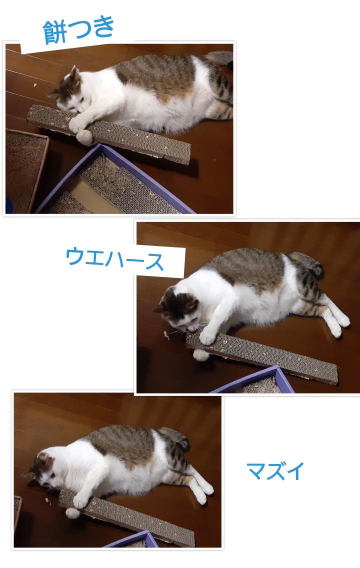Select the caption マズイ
pyautogui.click(x=275, y=471)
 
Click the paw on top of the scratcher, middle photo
pyautogui.click(x=207, y=337)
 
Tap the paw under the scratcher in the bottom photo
pyautogui.click(x=72, y=513)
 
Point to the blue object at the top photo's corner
pyautogui.click(x=8, y=206)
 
